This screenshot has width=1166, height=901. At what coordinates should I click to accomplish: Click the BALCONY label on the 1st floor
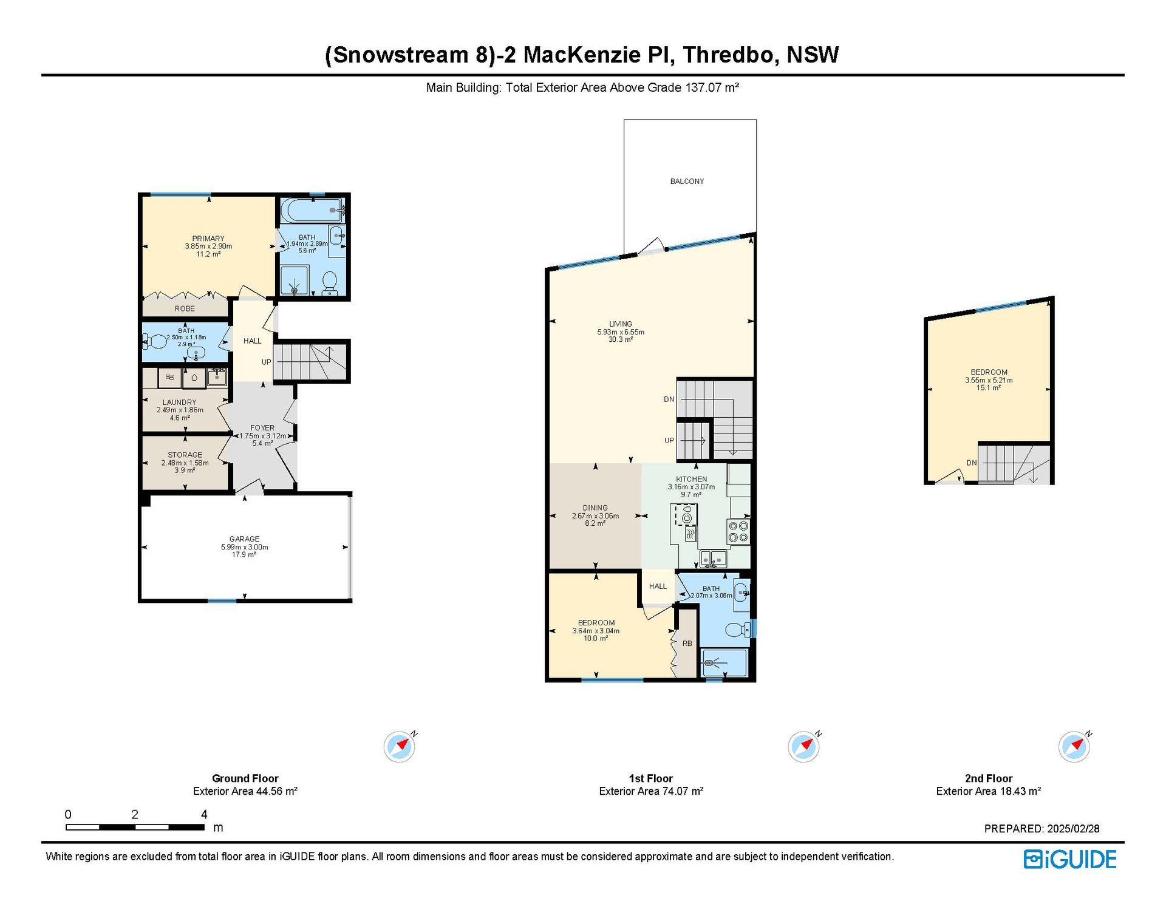coord(687,182)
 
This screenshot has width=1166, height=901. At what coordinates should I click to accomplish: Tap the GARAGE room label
coord(244,539)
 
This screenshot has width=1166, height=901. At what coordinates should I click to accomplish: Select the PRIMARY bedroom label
coord(208,239)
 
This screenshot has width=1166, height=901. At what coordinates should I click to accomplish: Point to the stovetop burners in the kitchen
coord(738,531)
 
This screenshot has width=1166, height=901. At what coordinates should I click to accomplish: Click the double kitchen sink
coord(713,558)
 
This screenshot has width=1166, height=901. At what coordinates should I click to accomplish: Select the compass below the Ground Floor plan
coord(400,746)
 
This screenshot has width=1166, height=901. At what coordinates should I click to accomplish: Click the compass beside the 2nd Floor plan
coord(1074,746)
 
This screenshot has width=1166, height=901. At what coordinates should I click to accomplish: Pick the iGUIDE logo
coord(1070,859)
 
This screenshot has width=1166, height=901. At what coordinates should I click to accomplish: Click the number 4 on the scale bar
coord(204,814)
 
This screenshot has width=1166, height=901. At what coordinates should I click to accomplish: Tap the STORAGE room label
coord(185,455)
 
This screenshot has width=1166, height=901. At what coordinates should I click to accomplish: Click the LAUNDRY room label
coord(179,403)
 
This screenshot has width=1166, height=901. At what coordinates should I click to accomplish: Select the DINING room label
coord(595,508)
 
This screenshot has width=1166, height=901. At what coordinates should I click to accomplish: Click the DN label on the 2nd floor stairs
coord(972,463)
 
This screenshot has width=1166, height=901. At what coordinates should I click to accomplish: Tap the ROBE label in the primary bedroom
coord(185,309)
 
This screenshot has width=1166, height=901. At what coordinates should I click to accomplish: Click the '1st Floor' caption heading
coord(651,778)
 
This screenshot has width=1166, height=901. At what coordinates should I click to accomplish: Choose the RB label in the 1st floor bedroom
coord(687,644)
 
